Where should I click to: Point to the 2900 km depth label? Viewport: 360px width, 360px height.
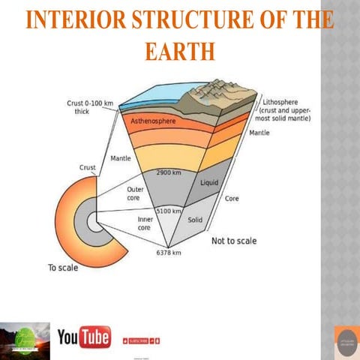168,174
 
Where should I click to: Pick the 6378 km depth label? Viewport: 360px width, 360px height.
169,253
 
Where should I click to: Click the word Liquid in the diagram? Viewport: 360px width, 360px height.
209,183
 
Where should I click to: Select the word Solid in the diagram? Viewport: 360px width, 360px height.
196,220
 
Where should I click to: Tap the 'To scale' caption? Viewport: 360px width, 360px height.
63,267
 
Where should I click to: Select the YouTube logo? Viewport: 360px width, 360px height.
83,338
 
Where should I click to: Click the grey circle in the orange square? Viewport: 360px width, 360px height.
346,341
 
